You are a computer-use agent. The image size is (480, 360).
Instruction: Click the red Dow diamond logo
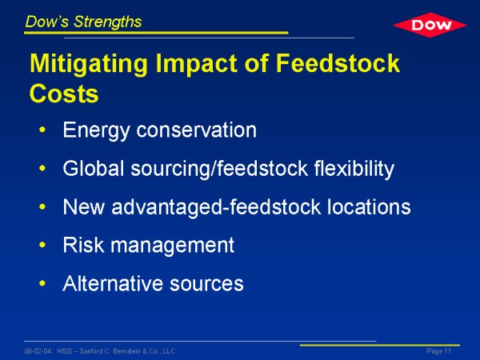[x=430, y=25]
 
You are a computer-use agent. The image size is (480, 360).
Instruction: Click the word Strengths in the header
[x=107, y=22]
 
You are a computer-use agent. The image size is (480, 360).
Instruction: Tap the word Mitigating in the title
[x=89, y=64]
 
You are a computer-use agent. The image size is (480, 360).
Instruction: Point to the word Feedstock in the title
[x=338, y=63]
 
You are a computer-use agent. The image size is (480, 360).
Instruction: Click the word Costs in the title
[x=64, y=93]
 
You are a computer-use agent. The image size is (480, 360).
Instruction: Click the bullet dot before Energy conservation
[x=42, y=130]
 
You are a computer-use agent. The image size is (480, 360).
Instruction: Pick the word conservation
[x=196, y=130]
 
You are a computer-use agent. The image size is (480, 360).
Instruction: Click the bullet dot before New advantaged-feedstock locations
[x=42, y=206]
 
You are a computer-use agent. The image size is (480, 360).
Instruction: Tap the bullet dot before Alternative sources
[x=42, y=283]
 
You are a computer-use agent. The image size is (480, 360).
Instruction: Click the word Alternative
[x=113, y=283]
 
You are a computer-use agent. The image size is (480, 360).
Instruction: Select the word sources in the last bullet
[x=206, y=284]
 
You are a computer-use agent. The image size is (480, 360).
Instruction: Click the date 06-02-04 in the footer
[x=38, y=351]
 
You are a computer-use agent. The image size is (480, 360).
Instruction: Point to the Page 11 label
[x=439, y=351]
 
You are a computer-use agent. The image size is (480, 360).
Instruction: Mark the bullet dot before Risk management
[x=42, y=245]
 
